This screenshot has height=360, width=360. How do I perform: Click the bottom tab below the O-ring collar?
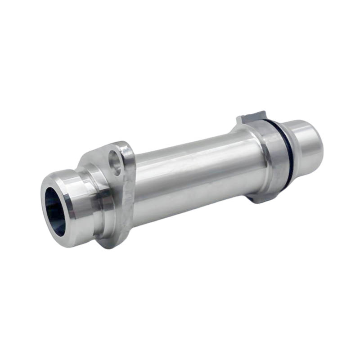(260, 198)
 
